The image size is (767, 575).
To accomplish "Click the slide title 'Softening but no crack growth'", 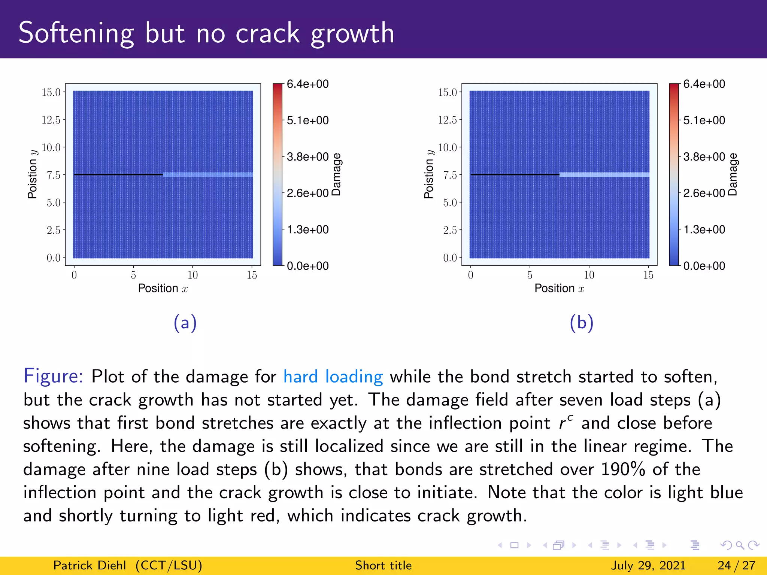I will (206, 33).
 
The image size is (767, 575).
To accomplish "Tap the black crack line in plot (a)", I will (118, 174).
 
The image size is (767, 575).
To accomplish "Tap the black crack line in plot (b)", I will (515, 174).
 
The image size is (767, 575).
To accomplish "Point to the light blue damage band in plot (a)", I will (208, 174).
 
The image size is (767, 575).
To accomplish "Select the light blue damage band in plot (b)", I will (604, 174).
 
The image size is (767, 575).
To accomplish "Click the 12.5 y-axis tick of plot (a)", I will (51, 120).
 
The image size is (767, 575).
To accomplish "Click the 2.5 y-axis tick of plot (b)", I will (450, 230).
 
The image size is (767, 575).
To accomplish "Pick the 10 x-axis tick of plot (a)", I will (192, 275).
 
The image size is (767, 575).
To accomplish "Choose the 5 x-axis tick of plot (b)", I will (530, 275).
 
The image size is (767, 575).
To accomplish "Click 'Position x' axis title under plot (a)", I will (163, 288).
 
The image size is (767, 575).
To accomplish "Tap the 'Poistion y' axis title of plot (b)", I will (428, 174).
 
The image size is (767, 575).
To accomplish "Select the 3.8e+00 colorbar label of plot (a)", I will (307, 157).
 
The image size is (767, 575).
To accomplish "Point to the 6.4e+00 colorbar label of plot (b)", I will (704, 84).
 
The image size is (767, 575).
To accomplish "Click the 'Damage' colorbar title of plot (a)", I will (336, 174).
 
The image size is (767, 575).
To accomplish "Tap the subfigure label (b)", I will (581, 323).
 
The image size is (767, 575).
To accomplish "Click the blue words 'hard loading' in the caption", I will (333, 377).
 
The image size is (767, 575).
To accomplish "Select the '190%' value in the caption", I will (623, 469).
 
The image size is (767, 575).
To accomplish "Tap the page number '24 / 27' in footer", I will (736, 565).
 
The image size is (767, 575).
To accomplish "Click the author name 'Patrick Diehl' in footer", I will (90, 565).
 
